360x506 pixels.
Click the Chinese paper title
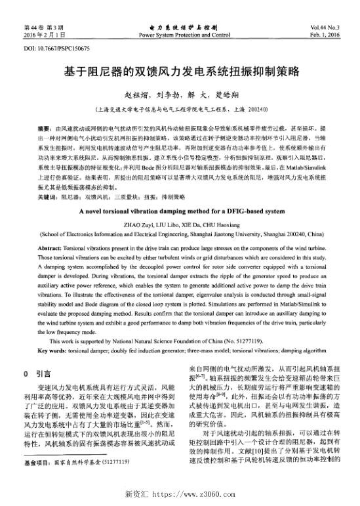(x=180, y=70)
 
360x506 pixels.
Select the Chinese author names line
(x=180, y=93)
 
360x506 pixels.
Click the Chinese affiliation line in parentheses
(x=180, y=107)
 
